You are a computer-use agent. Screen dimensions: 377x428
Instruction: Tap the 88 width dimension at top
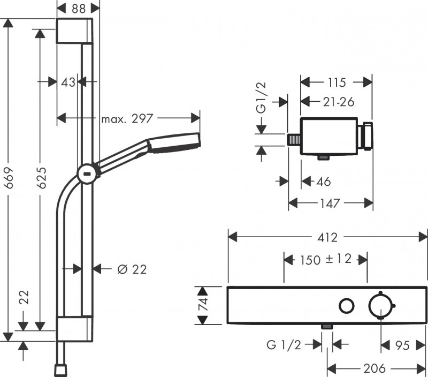pos(78,7)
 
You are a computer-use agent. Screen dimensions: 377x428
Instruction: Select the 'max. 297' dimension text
pos(127,118)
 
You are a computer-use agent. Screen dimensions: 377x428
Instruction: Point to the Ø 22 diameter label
pos(132,269)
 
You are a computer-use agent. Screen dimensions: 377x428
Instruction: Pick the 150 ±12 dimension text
pos(325,260)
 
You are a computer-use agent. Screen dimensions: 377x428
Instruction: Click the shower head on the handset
pos(173,143)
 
